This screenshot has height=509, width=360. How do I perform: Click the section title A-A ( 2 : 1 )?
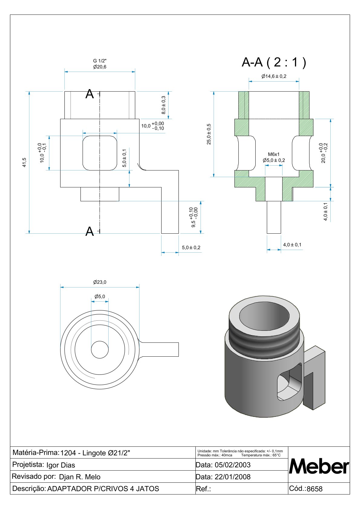[274, 63]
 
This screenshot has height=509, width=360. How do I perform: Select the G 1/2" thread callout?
[100, 61]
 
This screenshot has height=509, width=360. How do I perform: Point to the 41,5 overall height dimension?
[25, 162]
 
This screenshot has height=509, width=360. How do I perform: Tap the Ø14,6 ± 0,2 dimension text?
[274, 76]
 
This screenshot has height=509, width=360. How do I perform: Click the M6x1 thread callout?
[274, 154]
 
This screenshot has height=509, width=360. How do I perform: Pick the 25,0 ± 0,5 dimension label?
[209, 134]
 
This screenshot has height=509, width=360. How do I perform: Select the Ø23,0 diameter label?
[100, 282]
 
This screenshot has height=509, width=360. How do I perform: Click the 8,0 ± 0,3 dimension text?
[163, 105]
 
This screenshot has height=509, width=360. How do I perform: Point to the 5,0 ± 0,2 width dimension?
[191, 248]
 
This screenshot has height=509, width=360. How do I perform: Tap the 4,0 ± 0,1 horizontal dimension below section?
[292, 245]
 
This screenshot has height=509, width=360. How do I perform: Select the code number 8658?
[315, 489]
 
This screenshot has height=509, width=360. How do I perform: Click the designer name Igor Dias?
[61, 465]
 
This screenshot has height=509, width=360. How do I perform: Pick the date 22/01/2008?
[232, 477]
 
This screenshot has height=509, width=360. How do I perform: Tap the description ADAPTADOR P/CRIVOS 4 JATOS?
[103, 489]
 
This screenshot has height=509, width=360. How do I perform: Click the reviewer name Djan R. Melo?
[80, 477]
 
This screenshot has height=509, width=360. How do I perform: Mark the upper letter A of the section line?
[90, 94]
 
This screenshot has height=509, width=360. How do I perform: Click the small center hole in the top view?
[100, 349]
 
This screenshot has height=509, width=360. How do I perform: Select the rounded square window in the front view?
[100, 153]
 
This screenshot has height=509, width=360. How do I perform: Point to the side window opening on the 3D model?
[290, 382]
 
